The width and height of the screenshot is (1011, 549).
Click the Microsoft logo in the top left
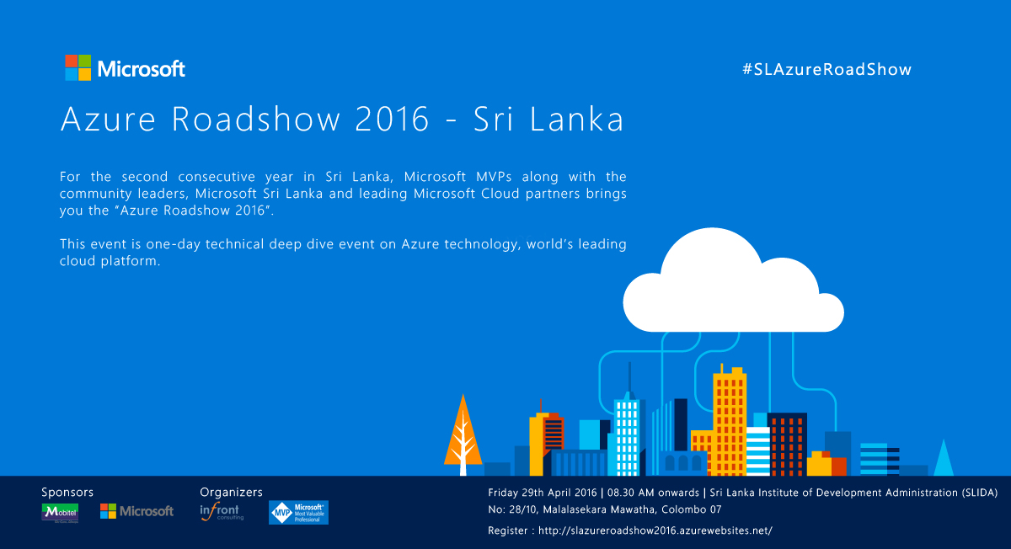tap(125, 68)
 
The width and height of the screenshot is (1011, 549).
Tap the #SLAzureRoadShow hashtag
tap(826, 70)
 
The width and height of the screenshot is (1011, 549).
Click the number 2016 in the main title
tap(393, 120)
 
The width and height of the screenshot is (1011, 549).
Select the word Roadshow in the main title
tap(259, 120)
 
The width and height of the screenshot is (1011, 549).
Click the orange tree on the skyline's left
tap(463, 429)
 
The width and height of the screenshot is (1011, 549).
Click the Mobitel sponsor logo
tap(60, 512)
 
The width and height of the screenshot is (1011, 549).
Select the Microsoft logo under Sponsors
tap(136, 511)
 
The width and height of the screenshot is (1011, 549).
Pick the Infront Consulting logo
tap(221, 512)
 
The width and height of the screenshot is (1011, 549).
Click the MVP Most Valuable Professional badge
tap(298, 512)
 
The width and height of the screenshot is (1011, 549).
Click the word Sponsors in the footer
tap(67, 492)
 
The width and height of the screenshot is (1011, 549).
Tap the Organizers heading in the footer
tap(231, 492)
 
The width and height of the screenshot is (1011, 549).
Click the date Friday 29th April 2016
tap(542, 492)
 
